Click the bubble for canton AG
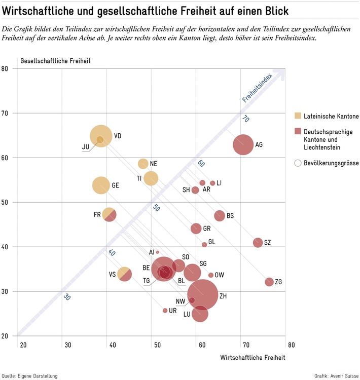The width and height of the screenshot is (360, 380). (x=243, y=145)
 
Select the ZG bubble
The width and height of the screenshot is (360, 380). (x=269, y=282)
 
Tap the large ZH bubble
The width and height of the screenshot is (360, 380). (x=203, y=294)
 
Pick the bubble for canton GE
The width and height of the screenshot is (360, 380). (x=101, y=185)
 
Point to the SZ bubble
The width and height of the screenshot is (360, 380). (x=258, y=243)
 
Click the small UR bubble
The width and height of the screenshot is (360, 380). (x=165, y=311)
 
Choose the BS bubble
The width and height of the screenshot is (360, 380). (x=220, y=216)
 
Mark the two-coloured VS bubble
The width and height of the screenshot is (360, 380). (x=124, y=274)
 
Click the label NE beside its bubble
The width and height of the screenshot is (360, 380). (x=154, y=164)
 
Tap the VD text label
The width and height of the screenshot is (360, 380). (x=118, y=136)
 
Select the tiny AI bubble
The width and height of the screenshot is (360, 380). (x=158, y=252)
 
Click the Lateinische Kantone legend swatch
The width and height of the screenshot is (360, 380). (x=298, y=116)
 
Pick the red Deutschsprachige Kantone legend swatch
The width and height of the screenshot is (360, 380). (x=298, y=131)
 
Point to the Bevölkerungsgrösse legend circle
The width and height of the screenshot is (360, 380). (x=298, y=163)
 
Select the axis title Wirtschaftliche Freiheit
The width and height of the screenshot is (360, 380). (x=253, y=357)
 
